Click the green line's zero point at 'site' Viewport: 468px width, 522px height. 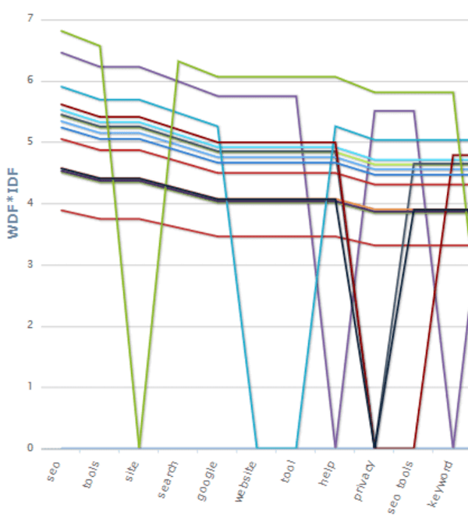[x=140, y=448]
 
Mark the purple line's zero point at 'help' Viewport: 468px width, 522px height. [x=335, y=448]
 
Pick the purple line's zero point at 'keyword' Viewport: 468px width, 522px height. [x=453, y=448]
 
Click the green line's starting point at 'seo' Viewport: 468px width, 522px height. [x=62, y=31]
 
